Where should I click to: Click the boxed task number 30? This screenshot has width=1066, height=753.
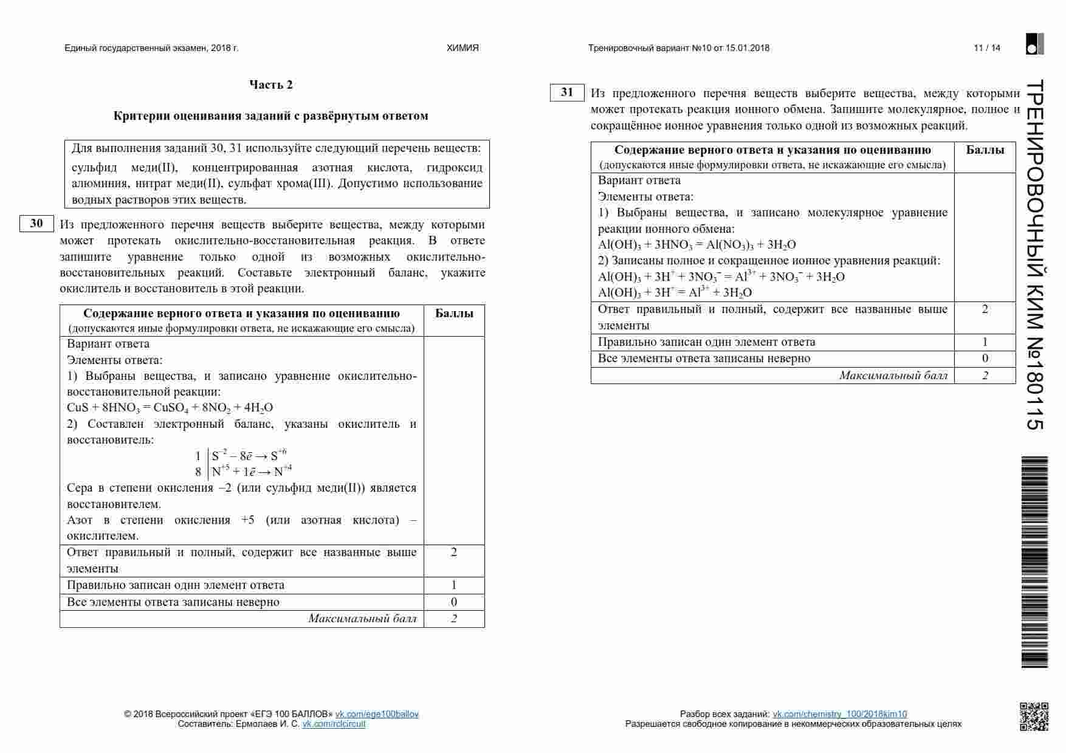tap(36, 223)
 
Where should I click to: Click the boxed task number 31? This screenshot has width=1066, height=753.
tap(567, 92)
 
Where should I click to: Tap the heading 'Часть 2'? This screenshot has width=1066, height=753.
tap(271, 84)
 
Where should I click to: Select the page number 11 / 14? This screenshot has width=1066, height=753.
tap(987, 48)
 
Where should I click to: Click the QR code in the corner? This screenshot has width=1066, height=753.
tap(1034, 716)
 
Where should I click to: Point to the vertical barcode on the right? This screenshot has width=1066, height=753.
tap(1034, 562)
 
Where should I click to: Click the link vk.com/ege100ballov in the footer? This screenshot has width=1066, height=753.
tap(377, 714)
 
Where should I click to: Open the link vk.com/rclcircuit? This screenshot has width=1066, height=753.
tap(334, 724)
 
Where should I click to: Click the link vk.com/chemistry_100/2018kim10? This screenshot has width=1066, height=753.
tap(839, 714)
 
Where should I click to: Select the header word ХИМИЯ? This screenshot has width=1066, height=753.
tap(463, 48)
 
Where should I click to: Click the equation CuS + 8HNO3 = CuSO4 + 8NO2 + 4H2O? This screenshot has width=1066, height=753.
tap(170, 408)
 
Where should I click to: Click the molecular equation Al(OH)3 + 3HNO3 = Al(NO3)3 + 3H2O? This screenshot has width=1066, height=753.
tap(696, 245)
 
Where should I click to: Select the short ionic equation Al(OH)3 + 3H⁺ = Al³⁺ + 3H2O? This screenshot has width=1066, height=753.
tap(675, 292)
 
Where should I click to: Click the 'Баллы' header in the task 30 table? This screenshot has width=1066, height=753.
tap(454, 314)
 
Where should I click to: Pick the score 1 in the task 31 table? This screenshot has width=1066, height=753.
tap(985, 342)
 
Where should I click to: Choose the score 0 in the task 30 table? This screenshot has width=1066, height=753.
tap(454, 602)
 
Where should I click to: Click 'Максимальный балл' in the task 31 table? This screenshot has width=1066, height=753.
tap(893, 376)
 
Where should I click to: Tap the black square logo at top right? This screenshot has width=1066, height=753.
tap(1034, 44)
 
